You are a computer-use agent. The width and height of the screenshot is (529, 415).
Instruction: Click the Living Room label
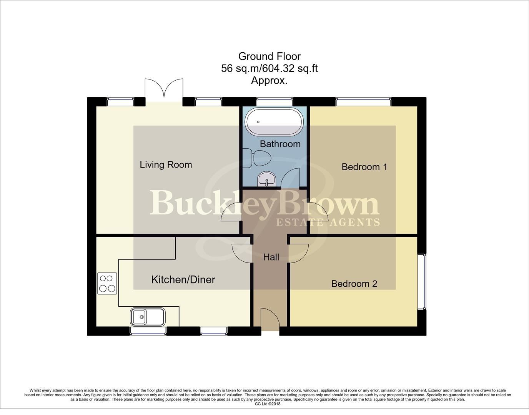(166, 165)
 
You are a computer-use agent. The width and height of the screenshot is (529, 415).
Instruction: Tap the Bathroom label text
(280, 144)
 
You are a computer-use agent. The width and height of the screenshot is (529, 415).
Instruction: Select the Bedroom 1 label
(364, 167)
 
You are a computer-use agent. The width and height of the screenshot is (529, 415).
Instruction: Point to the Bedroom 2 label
(354, 284)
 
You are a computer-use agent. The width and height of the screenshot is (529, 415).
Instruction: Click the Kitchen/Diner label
(183, 280)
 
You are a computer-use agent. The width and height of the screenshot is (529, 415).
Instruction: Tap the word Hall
(271, 257)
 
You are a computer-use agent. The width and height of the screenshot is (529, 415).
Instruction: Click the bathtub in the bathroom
(274, 122)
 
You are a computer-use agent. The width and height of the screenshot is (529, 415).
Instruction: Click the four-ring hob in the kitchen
(107, 284)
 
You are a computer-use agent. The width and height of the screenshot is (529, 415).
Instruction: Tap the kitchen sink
(148, 317)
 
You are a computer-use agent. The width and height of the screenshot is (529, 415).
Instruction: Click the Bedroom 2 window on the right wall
(422, 281)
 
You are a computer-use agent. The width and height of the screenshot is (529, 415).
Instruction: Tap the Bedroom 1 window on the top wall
(364, 102)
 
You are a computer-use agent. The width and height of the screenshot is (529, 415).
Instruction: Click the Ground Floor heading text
(269, 56)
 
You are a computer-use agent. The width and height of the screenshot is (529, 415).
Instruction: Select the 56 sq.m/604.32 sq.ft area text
(269, 69)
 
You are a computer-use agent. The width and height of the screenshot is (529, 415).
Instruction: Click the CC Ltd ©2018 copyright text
(268, 404)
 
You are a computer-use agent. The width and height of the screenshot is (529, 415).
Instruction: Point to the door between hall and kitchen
(241, 254)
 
